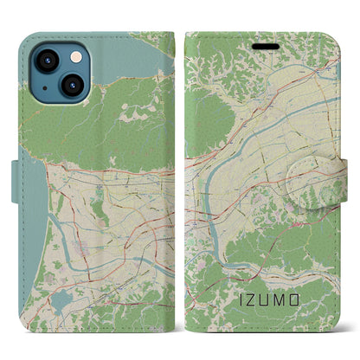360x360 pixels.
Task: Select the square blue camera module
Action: pyautogui.click(x=56, y=73)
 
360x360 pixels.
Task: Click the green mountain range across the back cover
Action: pyautogui.click(x=104, y=121)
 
